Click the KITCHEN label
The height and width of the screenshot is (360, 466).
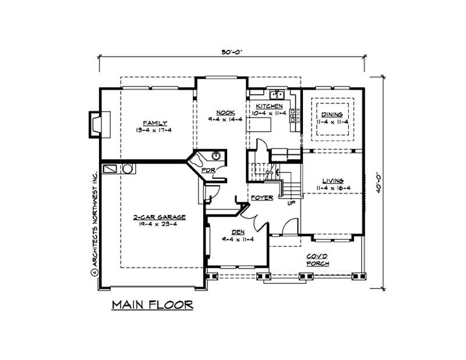(x=270, y=107)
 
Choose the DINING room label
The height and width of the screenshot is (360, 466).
(x=331, y=115)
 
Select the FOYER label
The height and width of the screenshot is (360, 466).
(x=262, y=198)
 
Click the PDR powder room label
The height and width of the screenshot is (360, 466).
(x=208, y=170)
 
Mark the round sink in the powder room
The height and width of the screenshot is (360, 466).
(x=216, y=155)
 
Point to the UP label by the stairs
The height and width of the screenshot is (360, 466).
(x=291, y=203)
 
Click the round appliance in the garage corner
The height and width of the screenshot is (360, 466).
(x=128, y=168)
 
